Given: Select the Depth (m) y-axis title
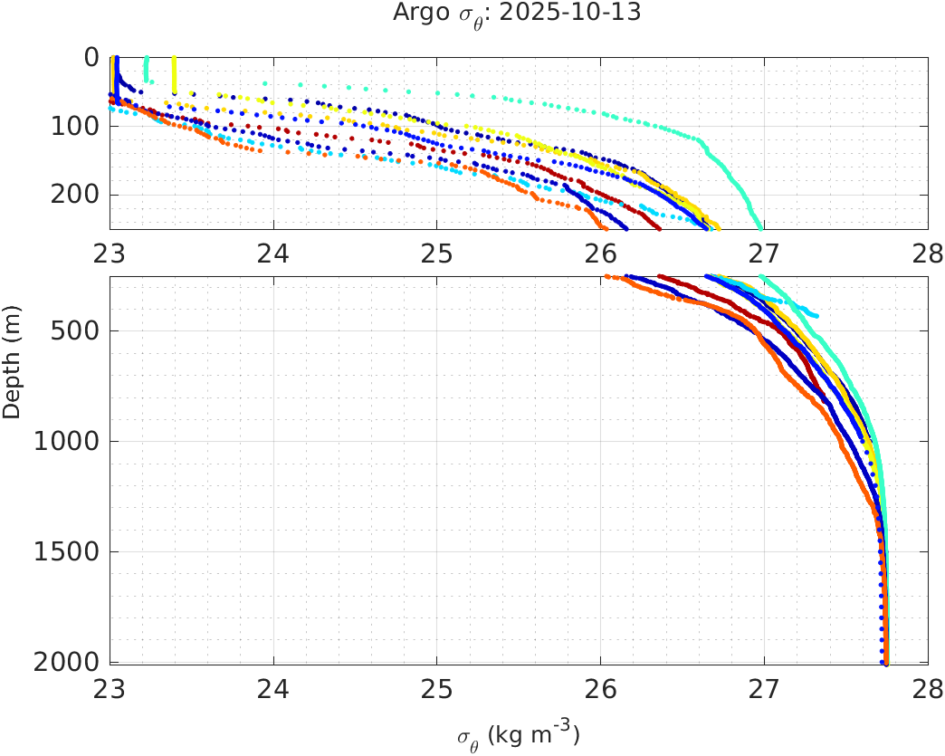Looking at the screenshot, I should [x=12, y=373].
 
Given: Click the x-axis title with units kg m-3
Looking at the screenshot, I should [x=518, y=735].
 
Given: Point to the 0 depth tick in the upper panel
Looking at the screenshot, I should [x=92, y=57].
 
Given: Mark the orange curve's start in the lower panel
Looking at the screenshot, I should [x=606, y=277].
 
